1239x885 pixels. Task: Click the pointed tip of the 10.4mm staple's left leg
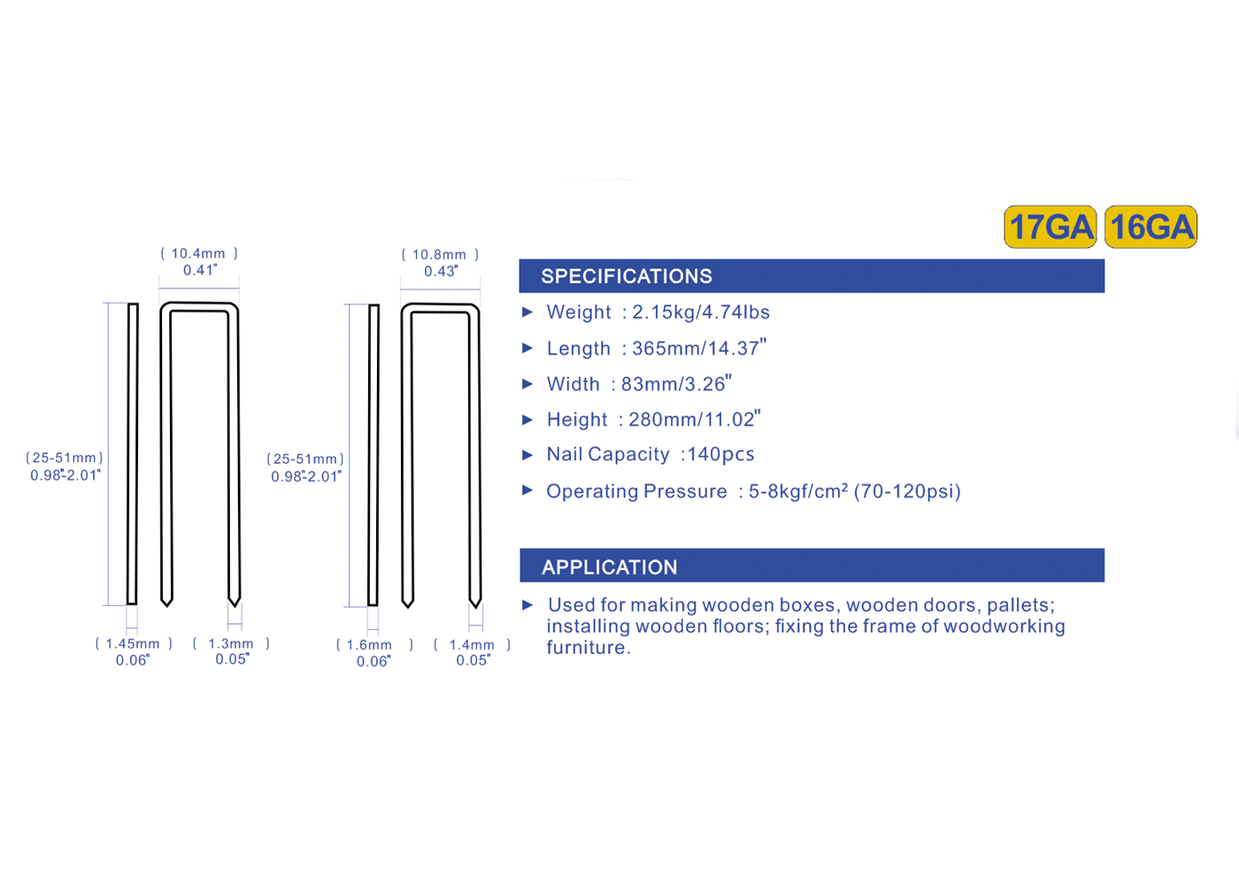(x=166, y=606)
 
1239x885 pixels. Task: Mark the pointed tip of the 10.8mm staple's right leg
(x=475, y=607)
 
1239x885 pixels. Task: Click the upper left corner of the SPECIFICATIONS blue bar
(x=519, y=259)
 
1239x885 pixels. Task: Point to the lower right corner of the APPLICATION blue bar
(x=1104, y=582)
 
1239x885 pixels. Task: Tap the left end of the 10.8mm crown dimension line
(x=400, y=289)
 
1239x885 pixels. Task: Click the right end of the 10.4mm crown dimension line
(x=239, y=289)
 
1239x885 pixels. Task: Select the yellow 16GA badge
(x=1151, y=227)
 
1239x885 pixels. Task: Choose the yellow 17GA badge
(x=1050, y=227)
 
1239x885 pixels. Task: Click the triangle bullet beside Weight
(x=527, y=312)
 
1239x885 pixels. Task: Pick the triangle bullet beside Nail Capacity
(x=527, y=455)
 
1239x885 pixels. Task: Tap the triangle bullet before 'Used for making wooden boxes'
(x=527, y=605)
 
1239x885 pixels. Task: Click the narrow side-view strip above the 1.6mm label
(x=373, y=455)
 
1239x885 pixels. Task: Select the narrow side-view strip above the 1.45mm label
(x=133, y=453)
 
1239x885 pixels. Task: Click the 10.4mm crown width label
(x=198, y=253)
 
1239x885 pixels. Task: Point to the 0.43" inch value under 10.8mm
(x=441, y=271)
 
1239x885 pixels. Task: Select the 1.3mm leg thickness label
(x=231, y=643)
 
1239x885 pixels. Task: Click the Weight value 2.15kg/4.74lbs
(x=701, y=312)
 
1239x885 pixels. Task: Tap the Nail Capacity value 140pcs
(x=720, y=454)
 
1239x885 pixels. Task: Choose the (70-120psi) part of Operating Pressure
(x=907, y=491)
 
